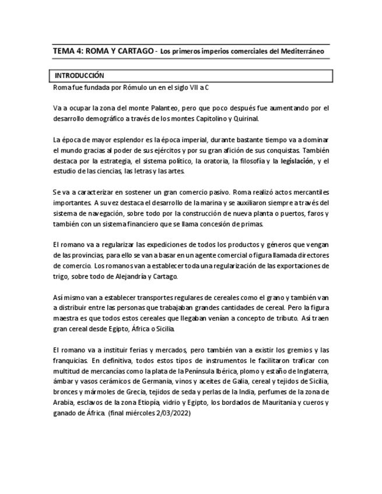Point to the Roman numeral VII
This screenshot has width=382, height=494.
point(185,87)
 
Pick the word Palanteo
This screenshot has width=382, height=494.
point(177,108)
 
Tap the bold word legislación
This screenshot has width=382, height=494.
point(297,161)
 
